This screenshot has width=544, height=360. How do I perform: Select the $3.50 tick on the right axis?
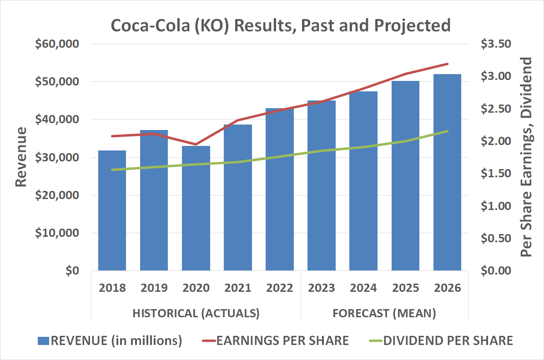pyautogui.click(x=495, y=44)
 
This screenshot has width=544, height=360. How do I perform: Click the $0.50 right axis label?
pyautogui.click(x=495, y=238)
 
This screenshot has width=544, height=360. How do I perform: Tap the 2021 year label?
pyautogui.click(x=237, y=288)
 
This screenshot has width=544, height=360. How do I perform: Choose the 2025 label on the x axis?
pyautogui.click(x=405, y=288)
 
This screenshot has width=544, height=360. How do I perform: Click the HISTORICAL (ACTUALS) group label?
pyautogui.click(x=196, y=313)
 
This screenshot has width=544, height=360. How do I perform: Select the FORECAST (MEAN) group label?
pyautogui.click(x=384, y=313)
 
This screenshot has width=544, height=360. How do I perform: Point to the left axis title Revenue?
pyautogui.click(x=21, y=157)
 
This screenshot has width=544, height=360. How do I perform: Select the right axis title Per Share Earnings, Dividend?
pyautogui.click(x=526, y=157)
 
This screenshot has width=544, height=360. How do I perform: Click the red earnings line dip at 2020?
pyautogui.click(x=196, y=145)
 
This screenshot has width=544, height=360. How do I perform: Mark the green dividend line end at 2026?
pyautogui.click(x=448, y=131)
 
